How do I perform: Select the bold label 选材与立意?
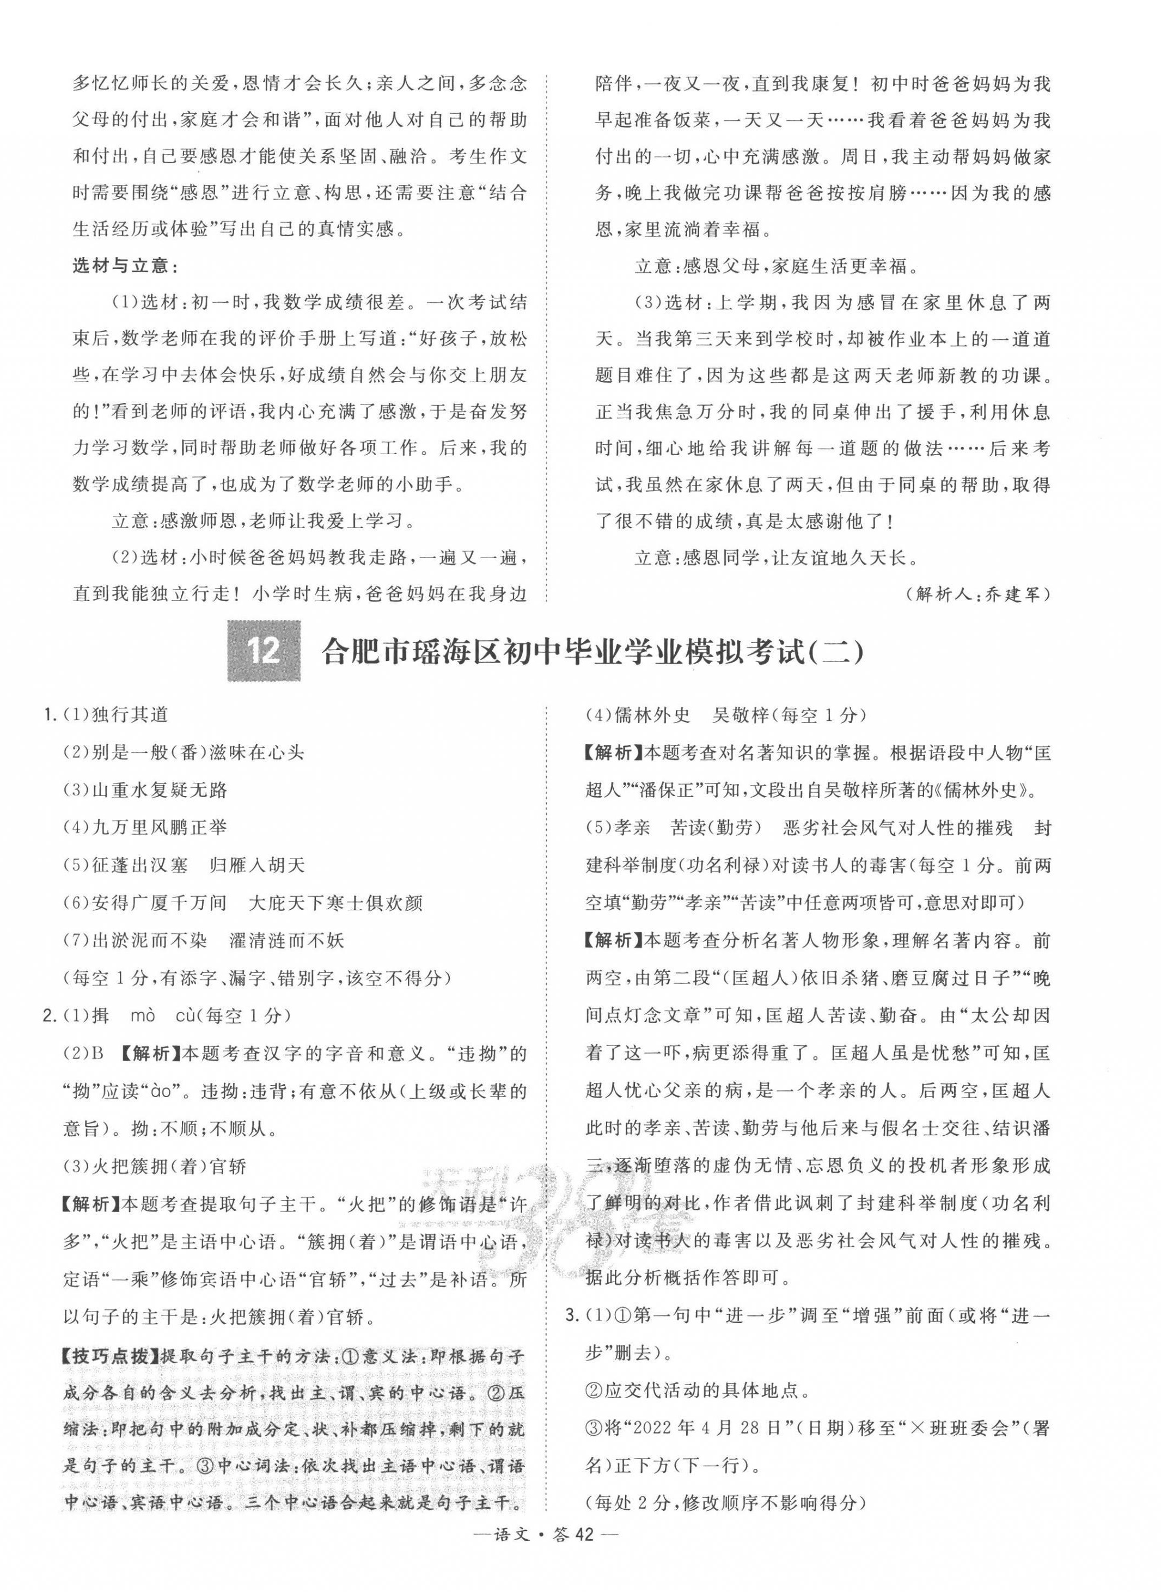point(126,266)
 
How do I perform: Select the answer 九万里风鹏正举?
point(160,828)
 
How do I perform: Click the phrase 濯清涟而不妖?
point(287,940)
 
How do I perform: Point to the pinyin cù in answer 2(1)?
point(184,1016)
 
